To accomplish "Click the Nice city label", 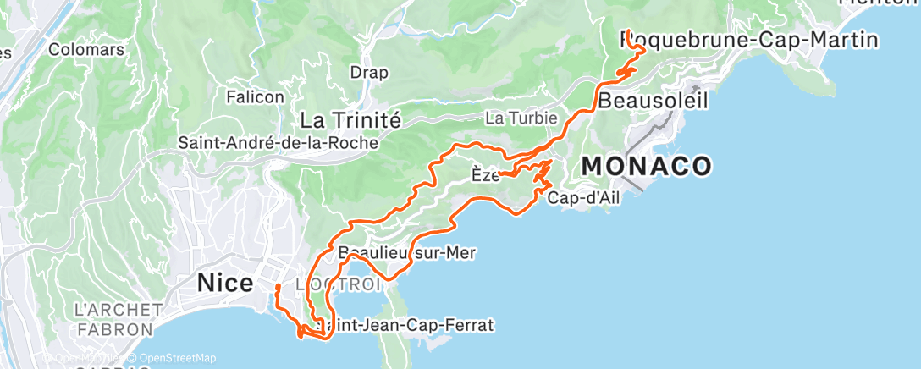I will tap(224, 283).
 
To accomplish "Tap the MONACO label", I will tap(647, 167).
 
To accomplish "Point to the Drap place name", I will tap(368, 72).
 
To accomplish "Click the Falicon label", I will tap(255, 97).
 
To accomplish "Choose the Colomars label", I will tap(86, 50).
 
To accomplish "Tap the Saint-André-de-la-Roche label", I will tap(278, 143).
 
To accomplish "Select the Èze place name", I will tap(483, 175).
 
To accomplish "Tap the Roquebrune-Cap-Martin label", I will tap(750, 40).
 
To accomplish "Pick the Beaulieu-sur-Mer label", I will tap(407, 252).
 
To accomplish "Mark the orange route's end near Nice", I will tap(277, 287).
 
